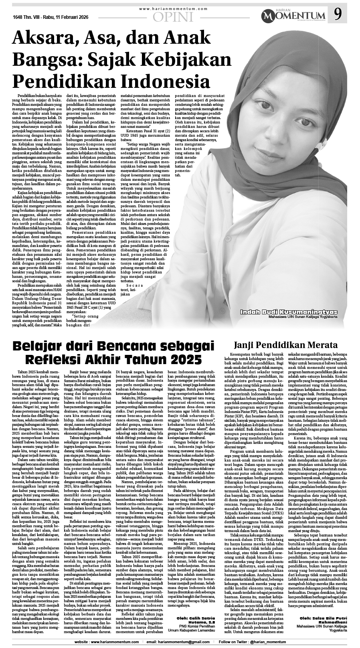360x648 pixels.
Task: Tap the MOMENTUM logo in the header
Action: tap(295, 17)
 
